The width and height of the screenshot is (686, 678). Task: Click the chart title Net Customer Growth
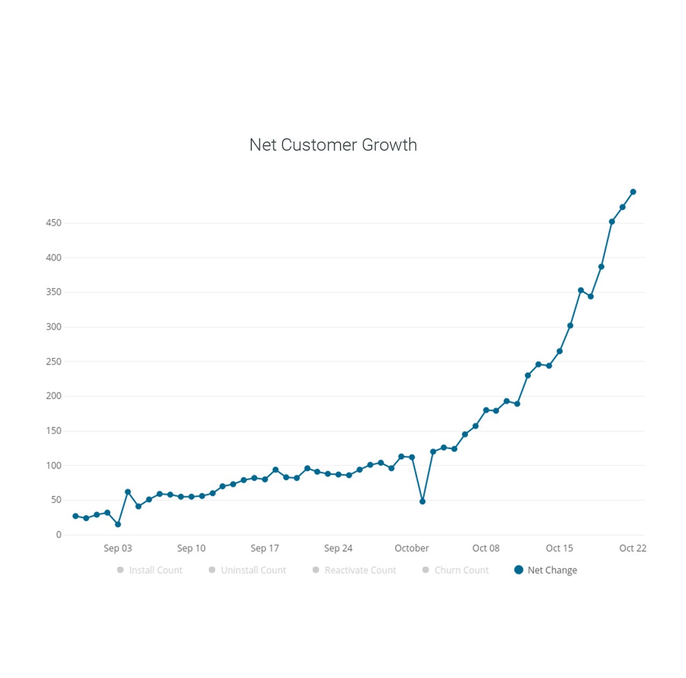point(333,145)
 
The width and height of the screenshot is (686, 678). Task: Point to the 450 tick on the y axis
point(54,223)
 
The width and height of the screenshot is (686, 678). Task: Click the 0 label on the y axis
point(59,535)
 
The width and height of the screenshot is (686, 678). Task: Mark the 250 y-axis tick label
point(54,362)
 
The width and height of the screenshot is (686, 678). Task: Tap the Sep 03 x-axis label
point(118,548)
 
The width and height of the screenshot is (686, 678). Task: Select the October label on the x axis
point(412,548)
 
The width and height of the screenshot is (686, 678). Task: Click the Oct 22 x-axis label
point(633,548)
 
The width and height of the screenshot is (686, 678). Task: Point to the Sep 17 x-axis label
point(265,548)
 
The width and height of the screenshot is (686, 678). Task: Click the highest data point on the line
point(633,192)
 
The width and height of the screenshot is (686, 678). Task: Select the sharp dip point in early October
point(422,502)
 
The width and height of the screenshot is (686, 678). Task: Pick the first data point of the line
point(75,516)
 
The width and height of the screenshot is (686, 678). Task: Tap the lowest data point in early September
point(118,524)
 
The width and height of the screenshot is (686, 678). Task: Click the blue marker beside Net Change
point(519,570)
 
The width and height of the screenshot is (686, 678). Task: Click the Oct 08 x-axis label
point(486,548)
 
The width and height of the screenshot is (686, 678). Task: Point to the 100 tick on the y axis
point(54,465)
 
